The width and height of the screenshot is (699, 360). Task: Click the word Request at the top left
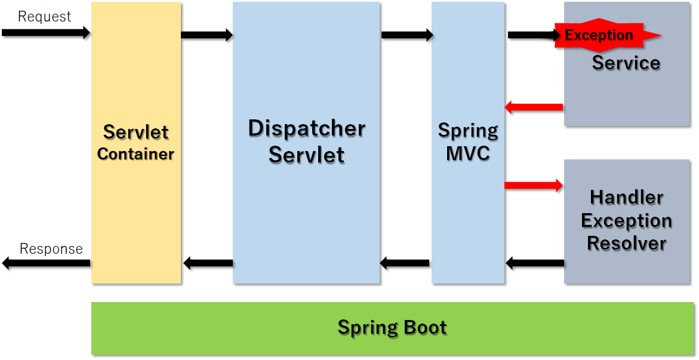44,17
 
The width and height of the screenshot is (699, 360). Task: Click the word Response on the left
51,248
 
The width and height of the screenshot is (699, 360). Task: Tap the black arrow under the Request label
45,32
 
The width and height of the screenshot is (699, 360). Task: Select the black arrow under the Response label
45,263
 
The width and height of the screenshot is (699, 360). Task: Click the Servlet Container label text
136,142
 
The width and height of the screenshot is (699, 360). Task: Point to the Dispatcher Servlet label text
306,141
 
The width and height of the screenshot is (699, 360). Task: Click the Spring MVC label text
468,142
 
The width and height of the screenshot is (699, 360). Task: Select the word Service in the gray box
626,63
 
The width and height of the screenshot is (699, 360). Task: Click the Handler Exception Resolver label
626,220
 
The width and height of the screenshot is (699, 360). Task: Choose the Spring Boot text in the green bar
392,327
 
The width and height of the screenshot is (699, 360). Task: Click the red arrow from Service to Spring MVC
534,107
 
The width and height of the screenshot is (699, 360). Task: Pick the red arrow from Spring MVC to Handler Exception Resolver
534,185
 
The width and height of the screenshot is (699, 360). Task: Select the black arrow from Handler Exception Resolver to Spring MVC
535,263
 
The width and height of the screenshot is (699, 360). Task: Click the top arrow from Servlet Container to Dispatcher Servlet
207,35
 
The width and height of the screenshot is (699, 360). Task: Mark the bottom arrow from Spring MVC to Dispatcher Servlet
405,263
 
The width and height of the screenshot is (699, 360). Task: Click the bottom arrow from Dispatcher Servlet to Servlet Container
208,263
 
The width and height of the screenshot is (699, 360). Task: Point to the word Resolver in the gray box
626,243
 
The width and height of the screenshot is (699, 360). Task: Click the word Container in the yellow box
136,154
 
